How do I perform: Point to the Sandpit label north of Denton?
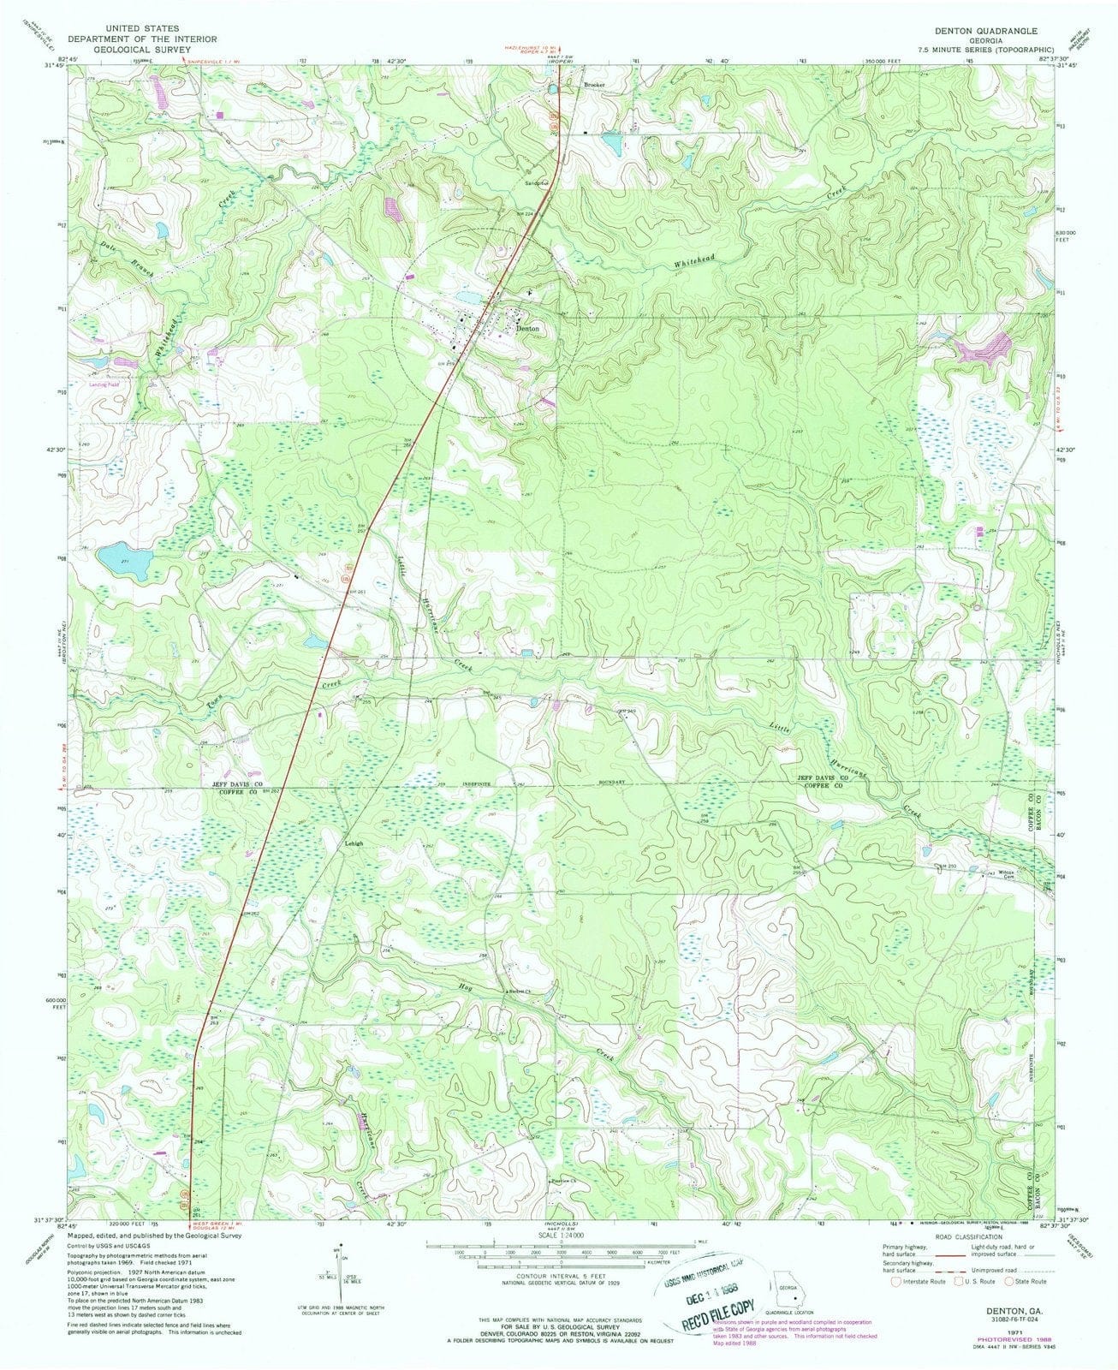535,182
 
